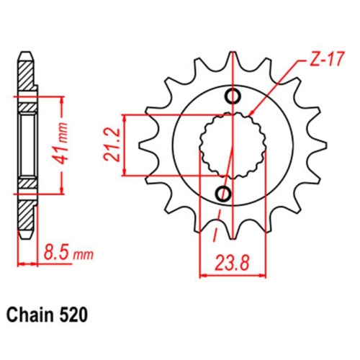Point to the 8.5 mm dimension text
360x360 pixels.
66,253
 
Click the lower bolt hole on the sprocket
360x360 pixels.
224,193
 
